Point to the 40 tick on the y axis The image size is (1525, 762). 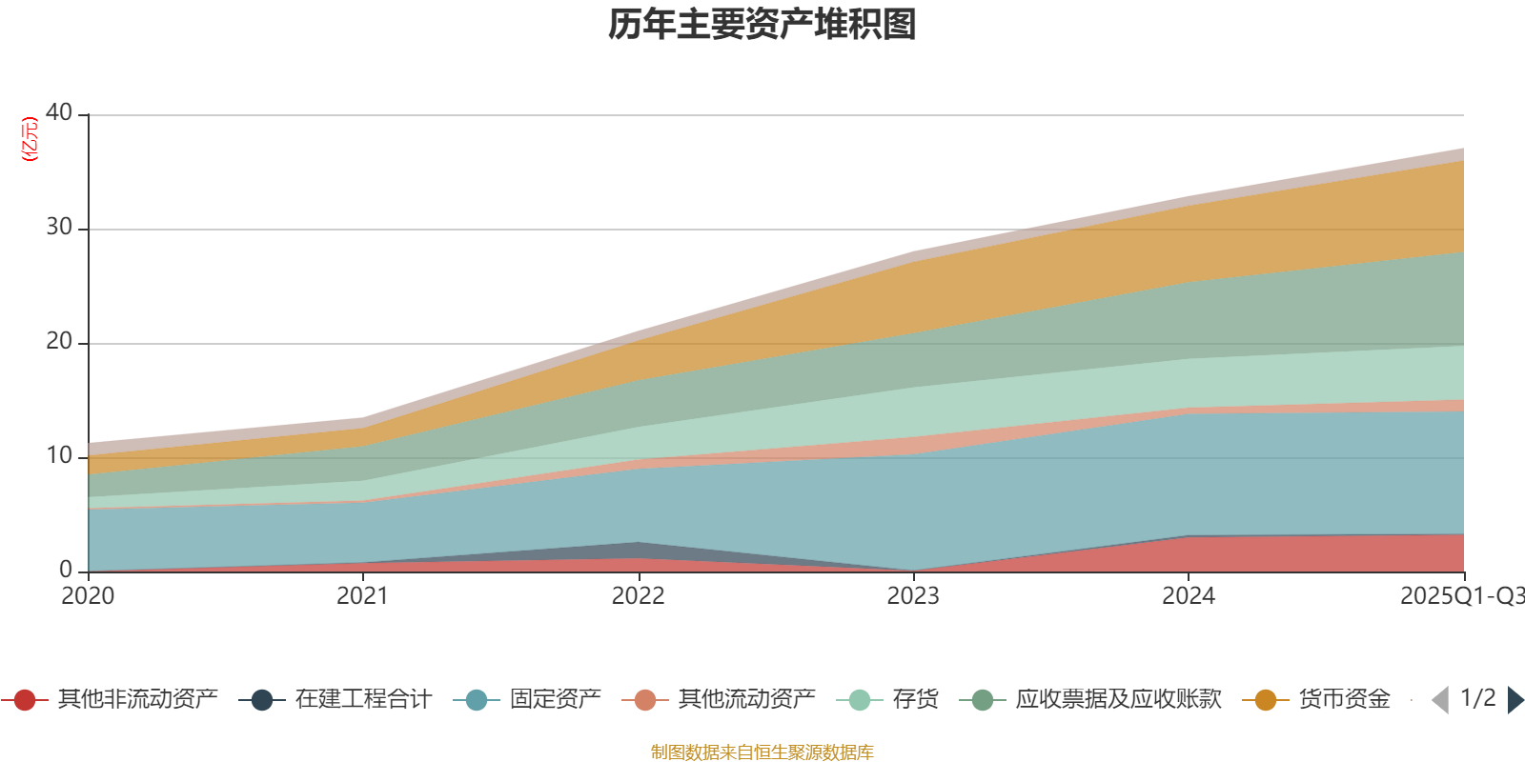(59, 112)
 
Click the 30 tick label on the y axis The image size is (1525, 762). (59, 227)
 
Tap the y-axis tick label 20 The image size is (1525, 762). (59, 341)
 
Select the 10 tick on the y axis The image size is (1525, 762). (59, 455)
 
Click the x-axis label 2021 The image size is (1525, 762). (362, 596)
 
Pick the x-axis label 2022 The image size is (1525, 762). (638, 596)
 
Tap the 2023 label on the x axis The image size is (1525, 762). (913, 596)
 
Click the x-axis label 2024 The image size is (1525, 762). (1188, 596)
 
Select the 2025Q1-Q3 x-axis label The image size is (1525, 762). (1460, 596)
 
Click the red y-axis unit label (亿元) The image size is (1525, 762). (30, 139)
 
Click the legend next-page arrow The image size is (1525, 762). (1515, 700)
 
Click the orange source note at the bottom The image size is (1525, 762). (762, 752)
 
